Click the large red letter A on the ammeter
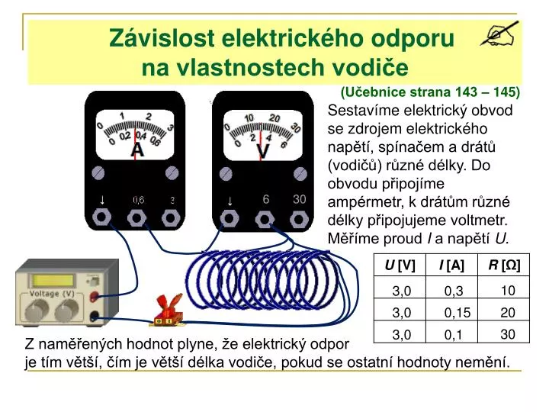137,150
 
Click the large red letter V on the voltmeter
262,152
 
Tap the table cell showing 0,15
457,312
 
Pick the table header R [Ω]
504,265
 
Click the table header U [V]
400,265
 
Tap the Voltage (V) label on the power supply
51,294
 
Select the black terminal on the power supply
94,317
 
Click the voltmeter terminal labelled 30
299,219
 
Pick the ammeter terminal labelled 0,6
137,219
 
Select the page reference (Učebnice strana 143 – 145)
431,92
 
